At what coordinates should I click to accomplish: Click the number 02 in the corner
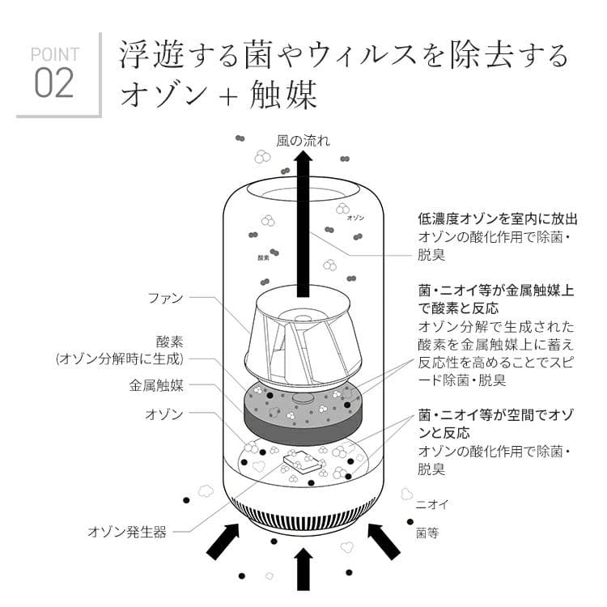[55, 83]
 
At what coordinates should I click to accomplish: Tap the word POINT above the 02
[55, 54]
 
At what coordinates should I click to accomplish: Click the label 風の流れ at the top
[303, 140]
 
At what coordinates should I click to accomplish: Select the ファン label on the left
[165, 298]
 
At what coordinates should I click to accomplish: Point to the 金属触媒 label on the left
[156, 386]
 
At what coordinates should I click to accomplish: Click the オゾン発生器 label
[127, 532]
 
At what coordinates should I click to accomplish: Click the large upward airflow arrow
[303, 227]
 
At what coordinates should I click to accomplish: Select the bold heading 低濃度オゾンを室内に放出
[497, 219]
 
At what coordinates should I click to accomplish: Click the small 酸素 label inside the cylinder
[262, 258]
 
